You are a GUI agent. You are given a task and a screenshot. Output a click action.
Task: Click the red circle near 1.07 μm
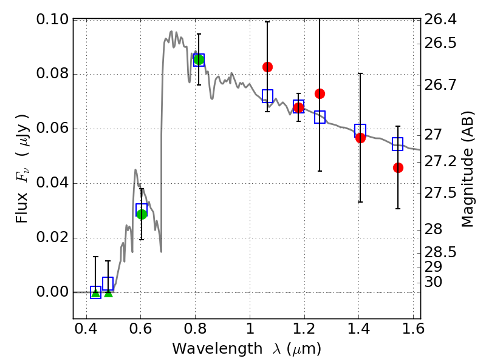(x=267, y=67)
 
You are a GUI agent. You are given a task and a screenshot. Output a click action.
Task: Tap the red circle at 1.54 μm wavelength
(x=398, y=167)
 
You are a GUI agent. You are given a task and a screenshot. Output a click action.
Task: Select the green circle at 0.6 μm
(x=142, y=214)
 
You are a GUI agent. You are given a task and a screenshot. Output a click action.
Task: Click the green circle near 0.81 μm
(x=199, y=59)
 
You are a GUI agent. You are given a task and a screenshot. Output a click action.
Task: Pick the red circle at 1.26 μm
(x=320, y=93)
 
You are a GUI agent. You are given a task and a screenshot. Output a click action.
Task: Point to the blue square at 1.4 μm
(x=360, y=130)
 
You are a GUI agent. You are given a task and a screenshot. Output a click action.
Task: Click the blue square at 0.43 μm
(x=95, y=292)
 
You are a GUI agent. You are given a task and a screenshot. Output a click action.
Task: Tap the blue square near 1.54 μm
(x=398, y=144)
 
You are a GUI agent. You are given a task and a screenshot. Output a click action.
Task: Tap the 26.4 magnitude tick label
(x=441, y=20)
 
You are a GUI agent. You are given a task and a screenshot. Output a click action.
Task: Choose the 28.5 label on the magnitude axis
(x=441, y=252)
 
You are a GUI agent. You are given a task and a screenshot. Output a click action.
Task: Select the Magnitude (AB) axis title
(x=467, y=169)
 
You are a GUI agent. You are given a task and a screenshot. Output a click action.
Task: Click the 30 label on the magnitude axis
(x=436, y=282)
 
